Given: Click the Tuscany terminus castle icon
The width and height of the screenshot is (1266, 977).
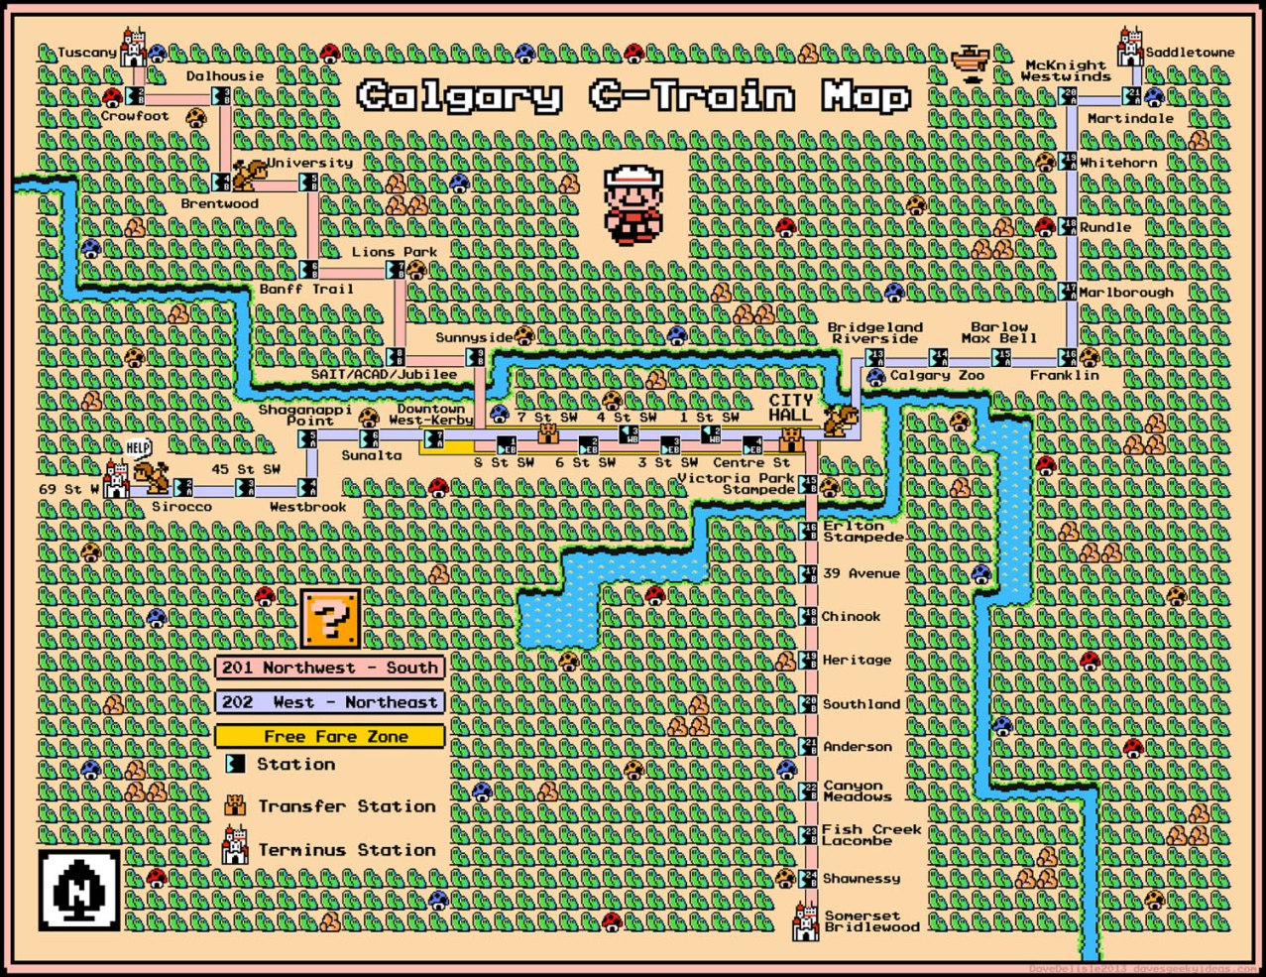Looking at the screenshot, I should pyautogui.click(x=133, y=48).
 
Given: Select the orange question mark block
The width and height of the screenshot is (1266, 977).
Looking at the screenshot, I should pyautogui.click(x=331, y=618).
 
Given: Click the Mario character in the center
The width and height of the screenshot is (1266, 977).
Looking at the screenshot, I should pyautogui.click(x=633, y=205).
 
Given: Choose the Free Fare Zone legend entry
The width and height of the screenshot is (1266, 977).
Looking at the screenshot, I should pyautogui.click(x=330, y=736).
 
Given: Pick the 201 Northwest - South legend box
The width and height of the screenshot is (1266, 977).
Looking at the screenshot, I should pyautogui.click(x=329, y=668).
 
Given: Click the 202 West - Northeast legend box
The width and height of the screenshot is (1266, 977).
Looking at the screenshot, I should pyautogui.click(x=329, y=702).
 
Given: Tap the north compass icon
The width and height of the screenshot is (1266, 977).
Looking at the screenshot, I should pyautogui.click(x=79, y=889).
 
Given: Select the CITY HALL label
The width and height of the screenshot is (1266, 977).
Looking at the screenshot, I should pyautogui.click(x=790, y=408).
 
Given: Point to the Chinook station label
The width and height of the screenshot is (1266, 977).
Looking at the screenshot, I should pyautogui.click(x=851, y=616).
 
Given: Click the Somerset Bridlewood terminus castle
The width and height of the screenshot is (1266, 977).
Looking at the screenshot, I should pyautogui.click(x=805, y=921).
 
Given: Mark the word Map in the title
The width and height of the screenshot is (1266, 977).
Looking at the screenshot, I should pyautogui.click(x=865, y=97).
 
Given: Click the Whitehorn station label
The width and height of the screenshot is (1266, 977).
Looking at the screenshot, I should pyautogui.click(x=1118, y=163).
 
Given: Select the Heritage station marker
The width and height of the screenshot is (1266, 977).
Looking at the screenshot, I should pyautogui.click(x=808, y=660).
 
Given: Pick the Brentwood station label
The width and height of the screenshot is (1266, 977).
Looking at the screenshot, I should pyautogui.click(x=219, y=203).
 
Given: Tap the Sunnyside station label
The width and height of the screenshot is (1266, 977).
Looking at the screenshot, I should pyautogui.click(x=474, y=337).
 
